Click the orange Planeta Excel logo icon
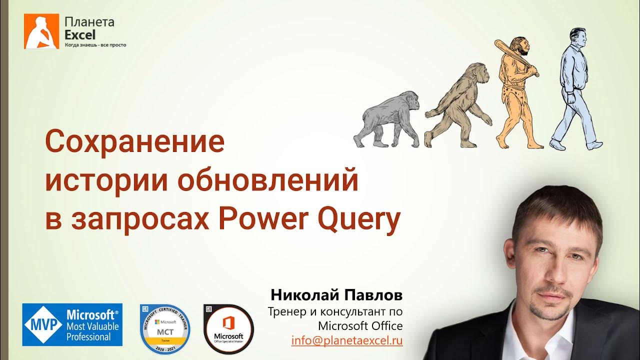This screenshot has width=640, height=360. (x=41, y=31)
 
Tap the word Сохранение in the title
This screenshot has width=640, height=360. (x=135, y=142)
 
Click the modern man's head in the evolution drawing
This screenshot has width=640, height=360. (x=578, y=38)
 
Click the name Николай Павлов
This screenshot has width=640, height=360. (x=336, y=294)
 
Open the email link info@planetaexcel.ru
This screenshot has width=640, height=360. (x=347, y=340)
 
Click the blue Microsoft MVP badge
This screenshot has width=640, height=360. (x=72, y=325)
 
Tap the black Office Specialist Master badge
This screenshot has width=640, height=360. (x=228, y=329)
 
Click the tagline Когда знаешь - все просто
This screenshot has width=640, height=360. (x=95, y=45)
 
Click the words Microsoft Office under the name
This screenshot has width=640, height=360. (x=360, y=326)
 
